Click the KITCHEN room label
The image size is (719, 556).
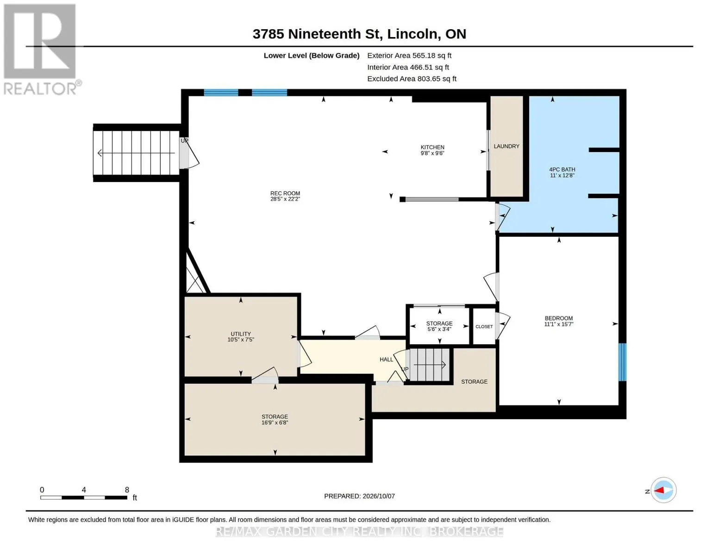[432, 147]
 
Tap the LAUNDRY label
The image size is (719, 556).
[506, 146]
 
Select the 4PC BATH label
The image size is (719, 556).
[562, 169]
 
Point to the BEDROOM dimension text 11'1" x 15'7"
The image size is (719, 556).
[558, 324]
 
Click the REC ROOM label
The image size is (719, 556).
[285, 193]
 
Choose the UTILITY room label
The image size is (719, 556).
[241, 334]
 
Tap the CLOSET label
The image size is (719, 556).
[484, 327]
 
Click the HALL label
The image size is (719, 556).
[386, 359]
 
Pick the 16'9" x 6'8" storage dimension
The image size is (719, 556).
[275, 423]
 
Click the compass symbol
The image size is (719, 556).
[663, 490]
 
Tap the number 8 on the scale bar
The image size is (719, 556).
[127, 490]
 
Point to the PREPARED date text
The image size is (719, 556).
[359, 496]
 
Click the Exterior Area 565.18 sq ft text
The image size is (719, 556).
[409, 56]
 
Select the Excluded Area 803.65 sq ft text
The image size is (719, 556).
[412, 79]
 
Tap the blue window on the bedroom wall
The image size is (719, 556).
[622, 362]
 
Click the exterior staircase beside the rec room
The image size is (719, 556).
[136, 153]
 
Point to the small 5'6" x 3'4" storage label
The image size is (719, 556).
[439, 326]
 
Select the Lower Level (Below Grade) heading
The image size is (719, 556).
[312, 56]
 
